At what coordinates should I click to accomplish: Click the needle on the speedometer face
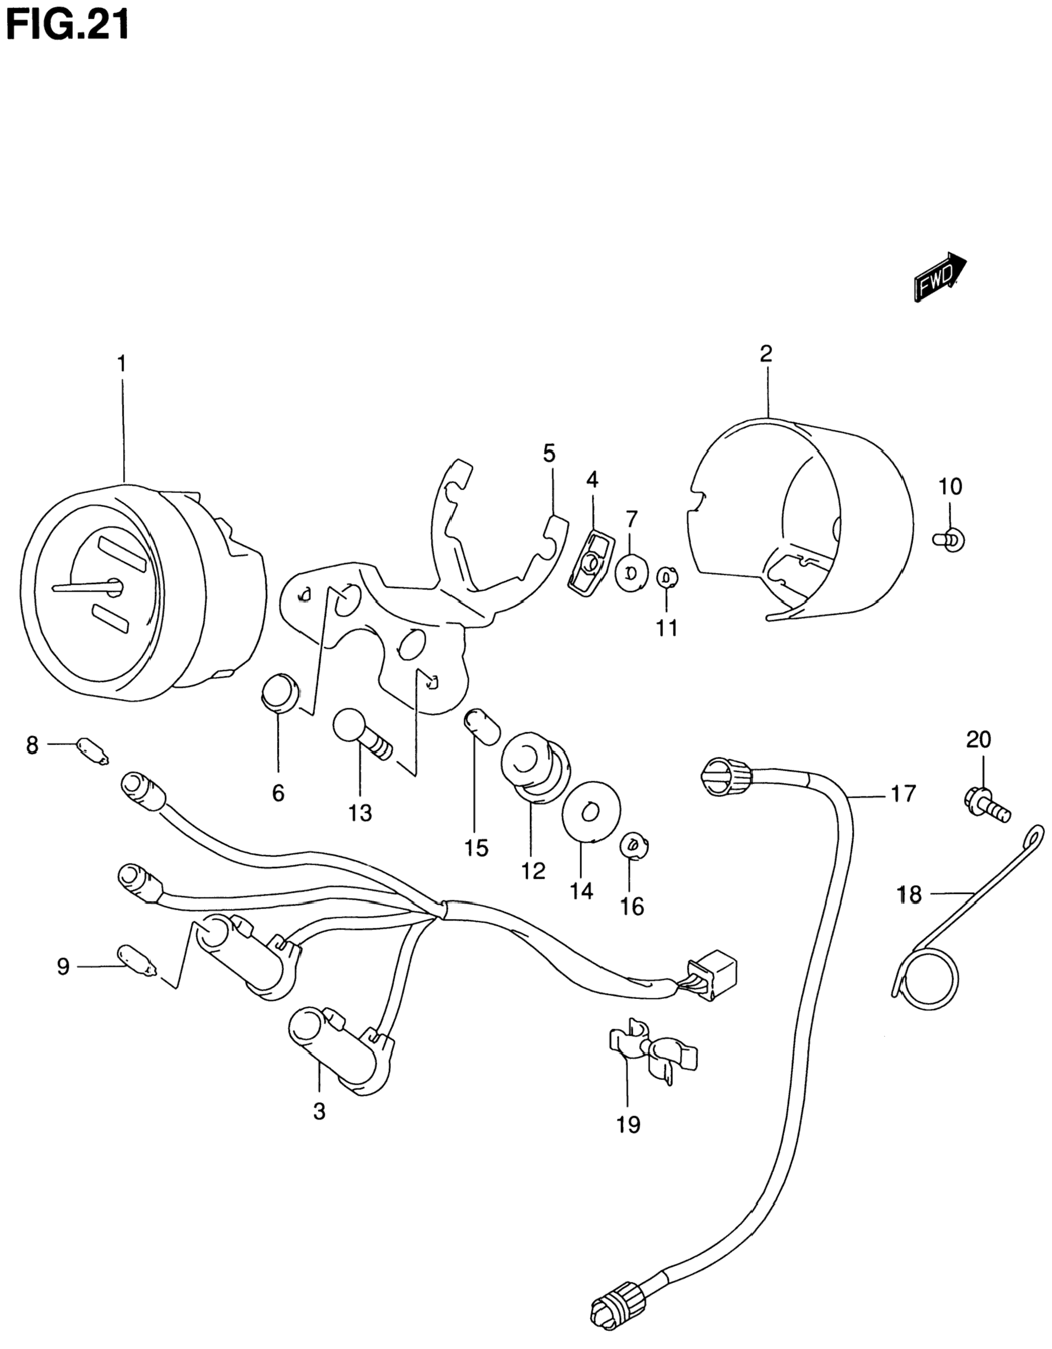click(83, 588)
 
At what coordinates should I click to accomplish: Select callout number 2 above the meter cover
click(766, 355)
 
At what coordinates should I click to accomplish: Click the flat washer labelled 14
click(591, 812)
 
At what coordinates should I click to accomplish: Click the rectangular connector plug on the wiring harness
click(715, 977)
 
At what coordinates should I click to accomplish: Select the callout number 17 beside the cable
click(903, 793)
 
